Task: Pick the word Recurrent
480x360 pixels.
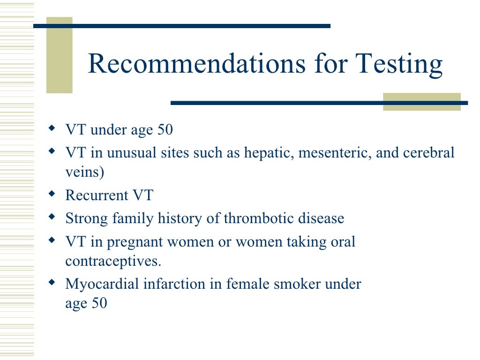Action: [x=95, y=195]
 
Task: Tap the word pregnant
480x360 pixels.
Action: [x=136, y=242]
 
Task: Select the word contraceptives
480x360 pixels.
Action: [x=113, y=261]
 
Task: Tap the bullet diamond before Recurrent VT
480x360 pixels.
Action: [x=52, y=193]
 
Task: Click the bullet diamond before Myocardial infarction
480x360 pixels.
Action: [x=52, y=282]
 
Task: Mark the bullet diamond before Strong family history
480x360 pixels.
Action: [x=52, y=216]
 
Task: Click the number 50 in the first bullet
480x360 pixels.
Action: [x=165, y=130]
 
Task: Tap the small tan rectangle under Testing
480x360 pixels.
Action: [x=421, y=102]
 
